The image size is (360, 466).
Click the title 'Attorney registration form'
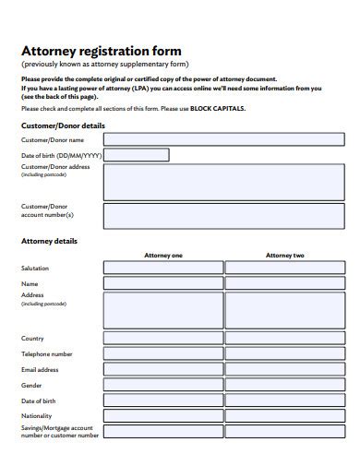click(x=102, y=51)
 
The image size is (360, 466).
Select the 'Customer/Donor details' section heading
click(x=63, y=125)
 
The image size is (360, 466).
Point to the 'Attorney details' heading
click(x=49, y=241)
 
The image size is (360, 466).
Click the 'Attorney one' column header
click(x=163, y=255)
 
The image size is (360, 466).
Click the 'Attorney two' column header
click(x=284, y=255)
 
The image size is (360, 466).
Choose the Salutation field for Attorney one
click(x=163, y=268)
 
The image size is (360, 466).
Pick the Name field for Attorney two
click(x=284, y=283)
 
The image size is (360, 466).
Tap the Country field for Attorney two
click(x=284, y=339)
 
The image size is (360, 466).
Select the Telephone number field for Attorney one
click(x=163, y=354)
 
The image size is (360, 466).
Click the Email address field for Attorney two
click(x=284, y=370)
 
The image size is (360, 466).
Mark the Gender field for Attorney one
click(x=163, y=386)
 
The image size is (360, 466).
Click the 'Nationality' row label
click(x=37, y=416)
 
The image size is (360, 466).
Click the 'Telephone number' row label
click(x=47, y=353)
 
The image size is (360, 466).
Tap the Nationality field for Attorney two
click(x=284, y=416)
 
